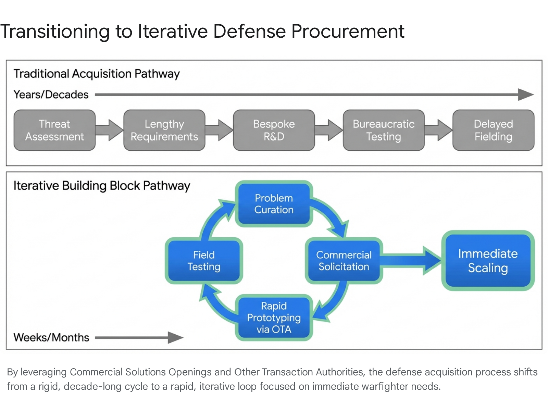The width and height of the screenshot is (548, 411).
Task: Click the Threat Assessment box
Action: click(x=54, y=130)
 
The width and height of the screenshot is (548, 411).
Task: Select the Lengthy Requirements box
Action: click(x=164, y=130)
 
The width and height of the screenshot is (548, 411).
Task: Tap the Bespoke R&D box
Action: click(x=274, y=130)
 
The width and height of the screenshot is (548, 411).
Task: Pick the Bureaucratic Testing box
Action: click(x=384, y=130)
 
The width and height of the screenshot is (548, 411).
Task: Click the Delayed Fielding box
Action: click(x=493, y=130)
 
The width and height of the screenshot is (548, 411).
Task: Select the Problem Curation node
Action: click(x=274, y=204)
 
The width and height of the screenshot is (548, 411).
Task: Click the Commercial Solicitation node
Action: click(x=344, y=261)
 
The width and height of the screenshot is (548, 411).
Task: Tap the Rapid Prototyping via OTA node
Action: click(x=274, y=317)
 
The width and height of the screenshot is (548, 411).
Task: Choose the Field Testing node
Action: click(x=204, y=261)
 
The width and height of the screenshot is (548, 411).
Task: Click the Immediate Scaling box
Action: click(x=488, y=261)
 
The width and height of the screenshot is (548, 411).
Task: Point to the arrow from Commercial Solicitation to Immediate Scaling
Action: click(x=411, y=261)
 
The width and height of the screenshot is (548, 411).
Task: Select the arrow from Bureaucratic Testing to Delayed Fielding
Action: click(x=439, y=130)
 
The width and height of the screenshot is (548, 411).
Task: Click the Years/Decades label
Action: click(x=51, y=95)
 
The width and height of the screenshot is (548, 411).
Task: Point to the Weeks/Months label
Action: click(x=51, y=337)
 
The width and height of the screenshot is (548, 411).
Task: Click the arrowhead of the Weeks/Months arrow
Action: click(x=175, y=337)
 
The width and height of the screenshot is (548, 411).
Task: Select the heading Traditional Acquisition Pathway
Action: click(x=97, y=74)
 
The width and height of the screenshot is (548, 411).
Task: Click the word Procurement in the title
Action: click(x=348, y=31)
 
